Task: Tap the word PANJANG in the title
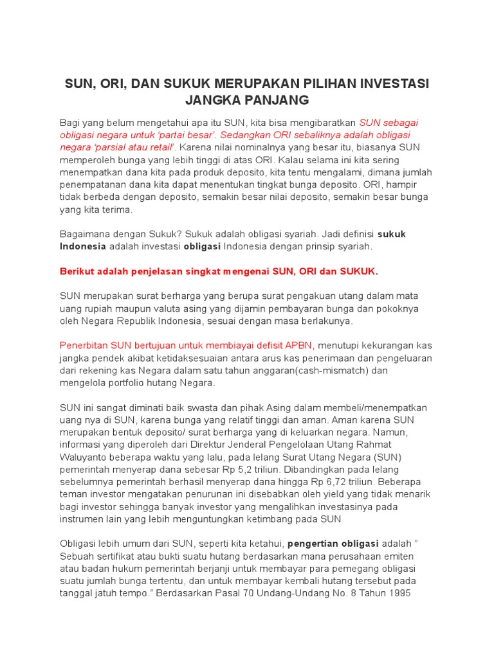278,100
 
